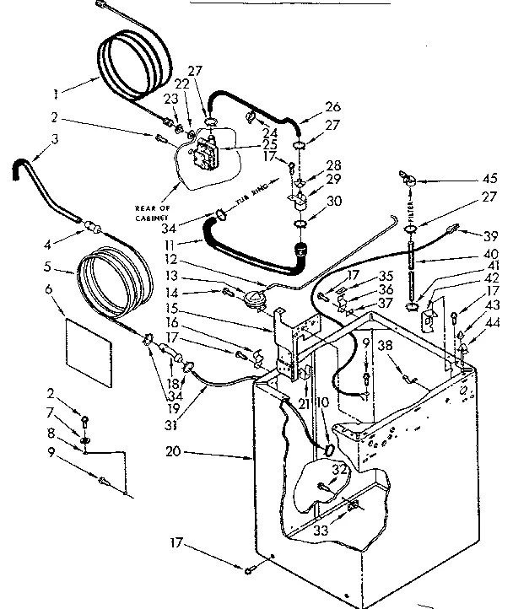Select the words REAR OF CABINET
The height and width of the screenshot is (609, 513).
click(x=157, y=212)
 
